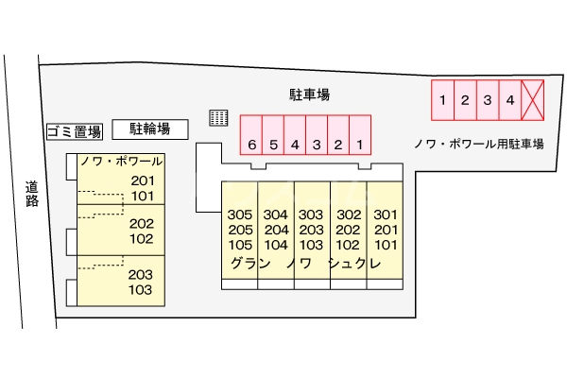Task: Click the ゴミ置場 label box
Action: pyautogui.click(x=74, y=131)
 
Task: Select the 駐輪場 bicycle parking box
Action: pyautogui.click(x=150, y=128)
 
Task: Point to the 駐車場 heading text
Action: pyautogui.click(x=309, y=94)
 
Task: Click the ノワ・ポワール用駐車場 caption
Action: pyautogui.click(x=478, y=144)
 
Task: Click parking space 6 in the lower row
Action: pyautogui.click(x=251, y=145)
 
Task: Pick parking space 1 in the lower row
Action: pyautogui.click(x=360, y=145)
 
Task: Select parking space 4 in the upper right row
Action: pyautogui.click(x=509, y=99)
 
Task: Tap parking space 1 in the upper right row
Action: pyautogui.click(x=441, y=99)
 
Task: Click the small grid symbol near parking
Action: pyautogui.click(x=219, y=117)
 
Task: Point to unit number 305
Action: pyautogui.click(x=239, y=215)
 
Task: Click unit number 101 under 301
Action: pyautogui.click(x=386, y=245)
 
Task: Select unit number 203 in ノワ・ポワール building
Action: pyautogui.click(x=142, y=275)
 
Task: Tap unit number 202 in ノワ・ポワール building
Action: pyautogui.click(x=142, y=224)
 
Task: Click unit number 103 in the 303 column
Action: pyautogui.click(x=312, y=245)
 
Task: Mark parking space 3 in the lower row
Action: pyautogui.click(x=317, y=145)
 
